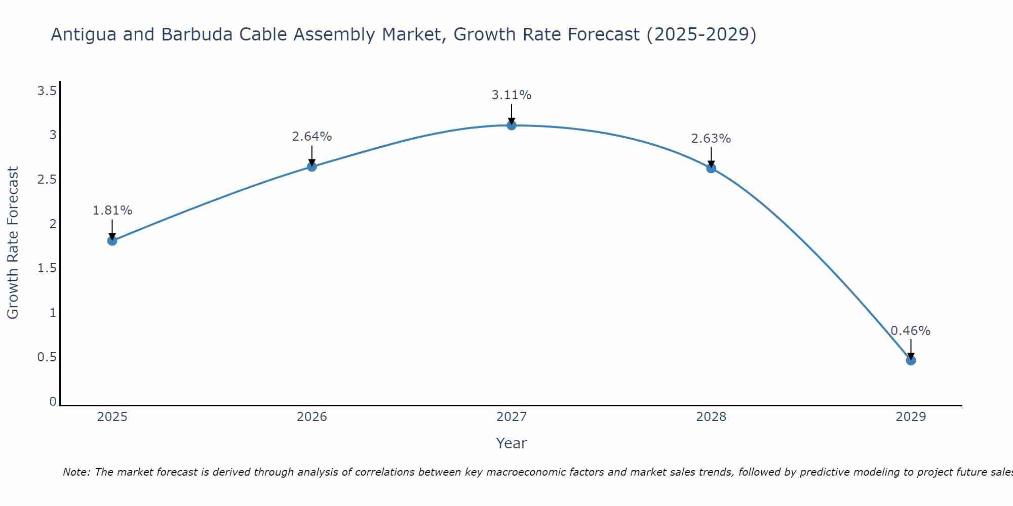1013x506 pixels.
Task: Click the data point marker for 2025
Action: [112, 240]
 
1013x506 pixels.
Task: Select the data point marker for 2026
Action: [312, 166]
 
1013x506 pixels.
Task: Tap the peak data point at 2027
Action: [512, 125]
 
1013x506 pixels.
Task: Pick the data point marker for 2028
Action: [711, 168]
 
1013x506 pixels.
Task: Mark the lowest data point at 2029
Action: [911, 360]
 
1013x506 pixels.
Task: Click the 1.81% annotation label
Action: [112, 210]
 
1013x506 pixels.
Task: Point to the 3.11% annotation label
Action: [512, 95]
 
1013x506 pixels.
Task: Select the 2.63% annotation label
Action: [711, 139]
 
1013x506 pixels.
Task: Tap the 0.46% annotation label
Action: [911, 331]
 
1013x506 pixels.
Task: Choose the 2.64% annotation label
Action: [312, 137]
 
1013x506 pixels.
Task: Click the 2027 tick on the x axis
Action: [512, 417]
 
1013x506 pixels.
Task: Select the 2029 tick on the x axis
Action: [911, 417]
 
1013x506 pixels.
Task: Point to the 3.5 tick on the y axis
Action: [47, 91]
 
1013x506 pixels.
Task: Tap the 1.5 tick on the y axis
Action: [47, 268]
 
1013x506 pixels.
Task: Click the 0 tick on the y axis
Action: [53, 402]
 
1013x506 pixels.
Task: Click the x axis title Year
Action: [512, 443]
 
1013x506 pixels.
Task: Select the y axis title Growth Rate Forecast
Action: [13, 243]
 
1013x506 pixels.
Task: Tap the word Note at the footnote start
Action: [76, 472]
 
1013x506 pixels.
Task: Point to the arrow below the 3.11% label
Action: [512, 114]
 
